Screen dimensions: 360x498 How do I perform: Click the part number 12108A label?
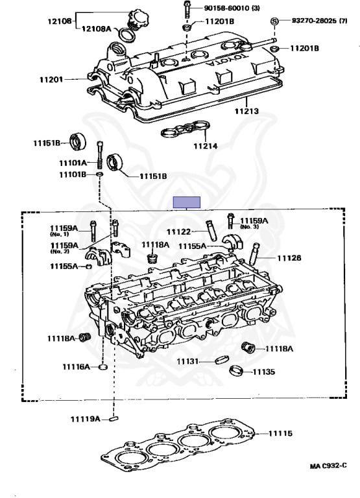pyautogui.click(x=96, y=29)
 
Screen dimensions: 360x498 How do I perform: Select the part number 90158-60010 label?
pyautogui.click(x=227, y=8)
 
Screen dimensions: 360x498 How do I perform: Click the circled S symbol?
pyautogui.click(x=274, y=21)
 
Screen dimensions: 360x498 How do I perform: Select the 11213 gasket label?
pyautogui.click(x=246, y=111)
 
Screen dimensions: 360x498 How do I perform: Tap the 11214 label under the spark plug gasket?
pyautogui.click(x=206, y=146)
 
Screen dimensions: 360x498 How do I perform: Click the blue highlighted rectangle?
pyautogui.click(x=187, y=202)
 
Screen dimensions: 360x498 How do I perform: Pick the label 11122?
pyautogui.click(x=178, y=232)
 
